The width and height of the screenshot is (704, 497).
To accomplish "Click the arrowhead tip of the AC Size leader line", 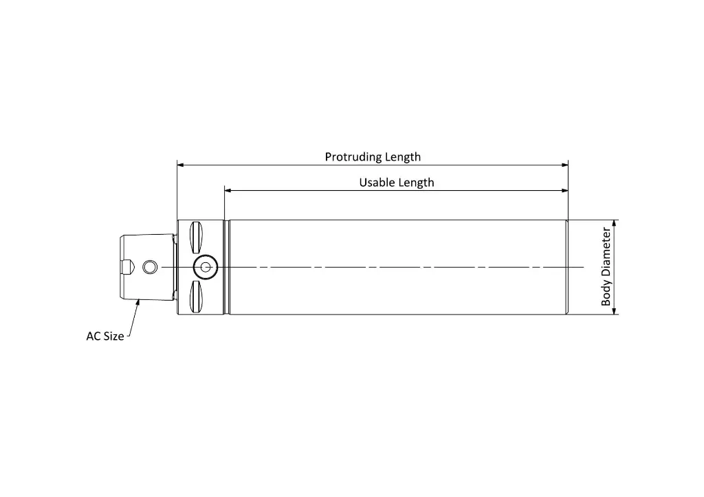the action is pos(139,299).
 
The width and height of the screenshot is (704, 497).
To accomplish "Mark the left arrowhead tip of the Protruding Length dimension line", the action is pos(177,165).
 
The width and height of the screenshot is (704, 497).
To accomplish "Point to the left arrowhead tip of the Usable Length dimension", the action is pos(225,190).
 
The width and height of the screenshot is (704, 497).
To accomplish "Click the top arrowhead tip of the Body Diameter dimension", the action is pos(614,220).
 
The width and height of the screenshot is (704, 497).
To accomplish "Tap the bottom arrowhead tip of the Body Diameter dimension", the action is pos(614,314).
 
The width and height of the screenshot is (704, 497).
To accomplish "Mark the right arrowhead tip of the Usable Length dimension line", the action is pos(568,190).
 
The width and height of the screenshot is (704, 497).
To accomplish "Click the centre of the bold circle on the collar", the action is pos(206,268).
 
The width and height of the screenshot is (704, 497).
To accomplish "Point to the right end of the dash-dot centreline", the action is pos(584,268).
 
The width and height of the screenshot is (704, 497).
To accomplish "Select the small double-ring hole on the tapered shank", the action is pos(150,268).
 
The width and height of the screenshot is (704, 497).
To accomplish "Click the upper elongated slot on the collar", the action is pos(196,238).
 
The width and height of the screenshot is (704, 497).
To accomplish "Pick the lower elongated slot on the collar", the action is pos(196,297).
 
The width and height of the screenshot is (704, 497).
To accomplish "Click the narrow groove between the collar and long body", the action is pos(227,268).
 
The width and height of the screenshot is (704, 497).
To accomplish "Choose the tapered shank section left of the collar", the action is pos(148,268).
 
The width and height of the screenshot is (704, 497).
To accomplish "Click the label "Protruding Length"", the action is pos(373,157).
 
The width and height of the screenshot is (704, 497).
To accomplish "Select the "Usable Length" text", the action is pos(397,183).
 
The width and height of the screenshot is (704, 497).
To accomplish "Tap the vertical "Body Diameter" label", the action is pos(606,266).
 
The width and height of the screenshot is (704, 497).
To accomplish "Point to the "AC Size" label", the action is pos(105,336).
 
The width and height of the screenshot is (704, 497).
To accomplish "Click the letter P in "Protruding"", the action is pos(328,157).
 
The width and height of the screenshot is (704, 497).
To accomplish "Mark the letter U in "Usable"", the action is pos(363,183).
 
